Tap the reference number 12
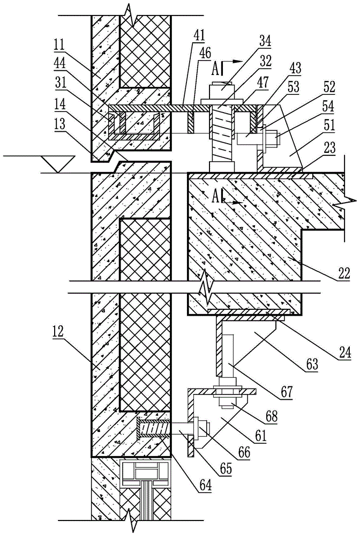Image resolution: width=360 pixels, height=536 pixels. point(58,331)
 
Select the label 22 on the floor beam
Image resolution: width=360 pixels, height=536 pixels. point(343,273)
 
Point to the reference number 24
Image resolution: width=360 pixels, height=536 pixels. point(344,353)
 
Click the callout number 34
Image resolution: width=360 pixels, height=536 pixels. point(265,41)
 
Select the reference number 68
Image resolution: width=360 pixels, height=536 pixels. point(270,416)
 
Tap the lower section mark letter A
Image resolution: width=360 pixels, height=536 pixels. point(215,197)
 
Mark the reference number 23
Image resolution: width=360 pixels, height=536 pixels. point(329,148)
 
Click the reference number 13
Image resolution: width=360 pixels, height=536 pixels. point(59,124)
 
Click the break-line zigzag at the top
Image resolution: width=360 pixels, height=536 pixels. point(131,15)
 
